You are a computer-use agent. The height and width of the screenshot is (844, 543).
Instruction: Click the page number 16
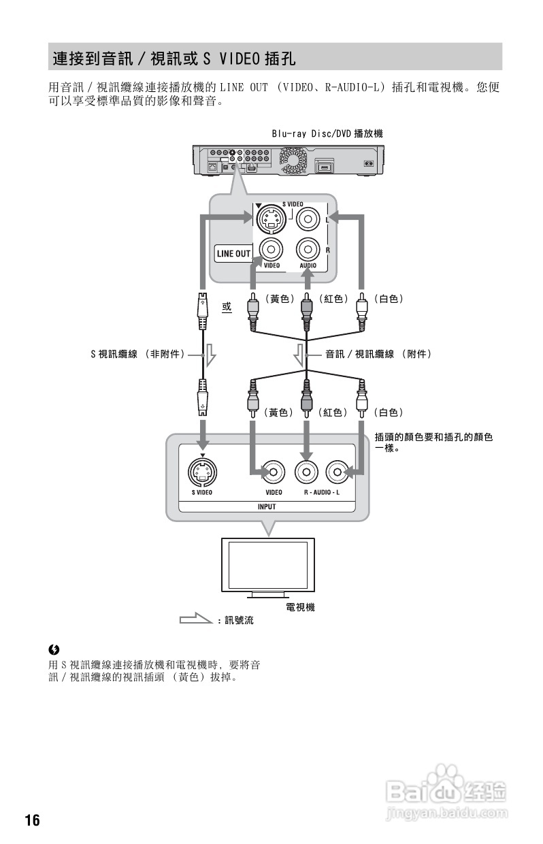[x=33, y=819]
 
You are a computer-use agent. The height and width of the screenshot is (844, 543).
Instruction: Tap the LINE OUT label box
[x=233, y=254]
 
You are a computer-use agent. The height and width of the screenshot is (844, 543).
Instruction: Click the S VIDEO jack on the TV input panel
[x=202, y=470]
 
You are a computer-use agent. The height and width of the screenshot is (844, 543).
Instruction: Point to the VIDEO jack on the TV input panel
[x=274, y=470]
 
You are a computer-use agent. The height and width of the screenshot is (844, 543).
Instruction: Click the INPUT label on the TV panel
[x=267, y=506]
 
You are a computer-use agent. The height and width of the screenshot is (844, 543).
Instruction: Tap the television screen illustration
[x=267, y=566]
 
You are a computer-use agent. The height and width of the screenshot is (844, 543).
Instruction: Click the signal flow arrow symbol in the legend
[x=196, y=619]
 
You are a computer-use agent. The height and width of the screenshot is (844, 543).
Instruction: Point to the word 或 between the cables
[x=227, y=308]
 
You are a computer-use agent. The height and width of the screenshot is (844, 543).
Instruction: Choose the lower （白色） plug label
[x=389, y=412]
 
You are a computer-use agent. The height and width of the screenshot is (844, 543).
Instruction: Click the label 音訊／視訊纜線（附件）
[x=378, y=354]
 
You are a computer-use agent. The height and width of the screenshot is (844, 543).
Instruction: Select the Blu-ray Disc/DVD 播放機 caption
[x=327, y=134]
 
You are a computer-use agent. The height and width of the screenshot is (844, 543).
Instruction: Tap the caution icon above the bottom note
[x=53, y=649]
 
